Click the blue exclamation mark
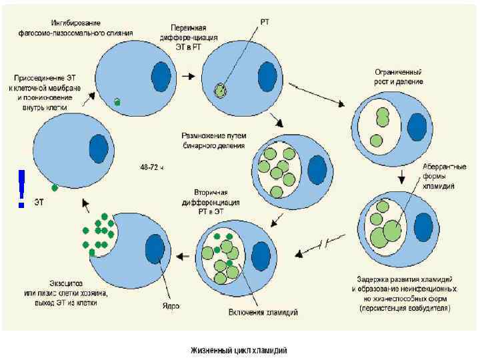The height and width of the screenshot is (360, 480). point(22,186)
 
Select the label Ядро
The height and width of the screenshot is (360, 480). point(171,306)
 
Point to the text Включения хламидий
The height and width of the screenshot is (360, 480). point(263,312)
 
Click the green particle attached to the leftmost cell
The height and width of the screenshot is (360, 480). point(55,188)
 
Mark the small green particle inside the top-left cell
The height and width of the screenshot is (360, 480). point(117,102)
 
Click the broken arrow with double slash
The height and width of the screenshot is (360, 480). point(321,245)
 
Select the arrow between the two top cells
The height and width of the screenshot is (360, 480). point(189,75)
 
